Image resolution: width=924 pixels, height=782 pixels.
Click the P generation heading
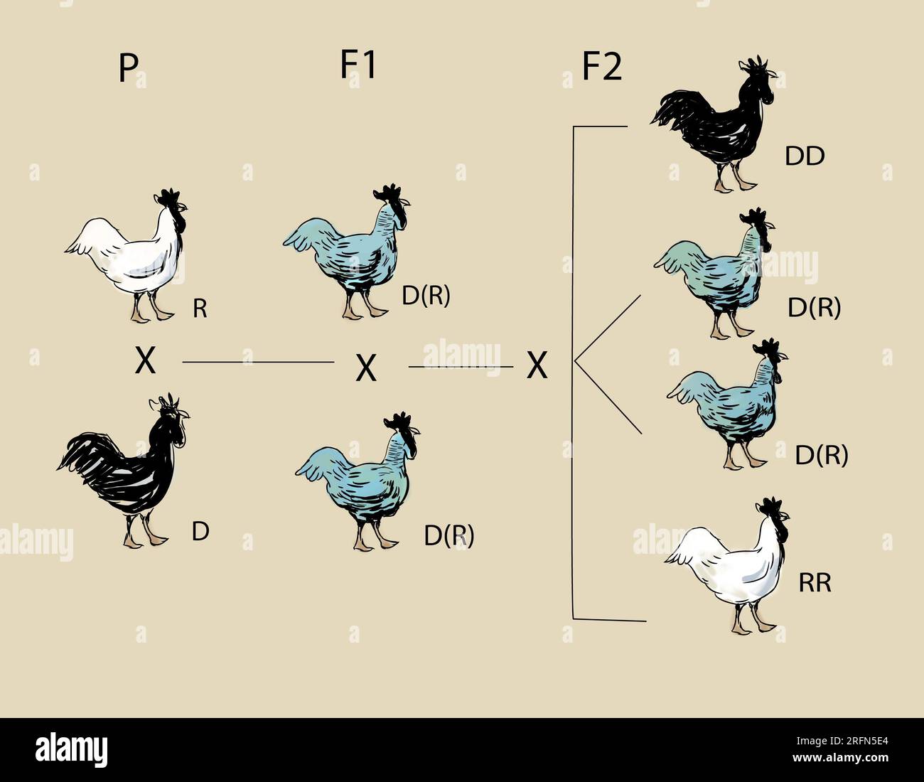coord(127,70)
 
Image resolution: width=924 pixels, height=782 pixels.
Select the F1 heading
coord(358,65)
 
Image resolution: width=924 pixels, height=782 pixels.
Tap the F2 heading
coord(601,68)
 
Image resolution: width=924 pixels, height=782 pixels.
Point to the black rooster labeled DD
coord(718,124)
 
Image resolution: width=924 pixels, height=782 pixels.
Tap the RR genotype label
coord(815,583)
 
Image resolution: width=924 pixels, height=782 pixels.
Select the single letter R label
coord(200,309)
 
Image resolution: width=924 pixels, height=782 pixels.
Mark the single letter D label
coord(200,531)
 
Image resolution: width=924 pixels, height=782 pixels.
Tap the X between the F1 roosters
coord(365,368)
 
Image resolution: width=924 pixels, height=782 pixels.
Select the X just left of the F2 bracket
coord(537,366)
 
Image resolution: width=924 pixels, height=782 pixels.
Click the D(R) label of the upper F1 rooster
coord(426,296)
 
